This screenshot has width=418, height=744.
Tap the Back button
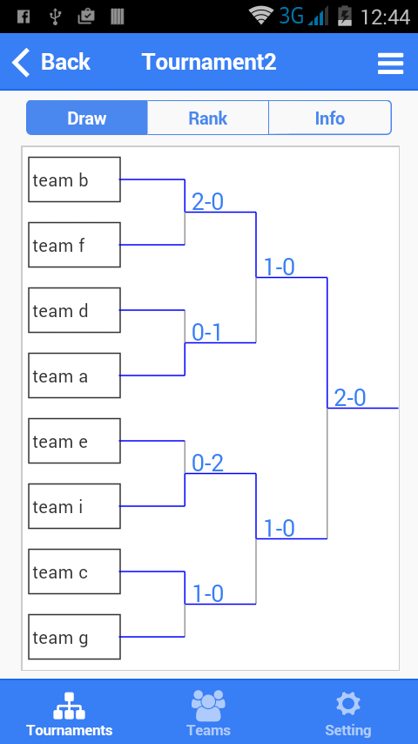pyautogui.click(x=51, y=62)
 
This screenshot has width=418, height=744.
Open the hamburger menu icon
pyautogui.click(x=390, y=63)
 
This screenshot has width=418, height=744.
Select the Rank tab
pyautogui.click(x=208, y=118)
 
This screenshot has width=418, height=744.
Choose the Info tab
pyautogui.click(x=330, y=118)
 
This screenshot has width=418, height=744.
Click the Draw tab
pyautogui.click(x=87, y=118)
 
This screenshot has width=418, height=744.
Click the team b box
pyautogui.click(x=75, y=179)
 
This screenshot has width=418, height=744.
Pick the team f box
pyautogui.click(x=75, y=245)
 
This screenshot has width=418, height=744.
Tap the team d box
pyautogui.click(x=75, y=310)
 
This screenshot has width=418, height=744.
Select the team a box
pyautogui.click(x=75, y=375)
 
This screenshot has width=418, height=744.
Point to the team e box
pyautogui.click(x=75, y=441)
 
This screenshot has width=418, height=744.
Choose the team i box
pyautogui.click(x=75, y=506)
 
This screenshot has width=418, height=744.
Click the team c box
pyautogui.click(x=75, y=572)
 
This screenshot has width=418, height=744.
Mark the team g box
pyautogui.click(x=75, y=637)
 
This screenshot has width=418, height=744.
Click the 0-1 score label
pyautogui.click(x=207, y=333)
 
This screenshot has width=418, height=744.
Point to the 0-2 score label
pyautogui.click(x=207, y=463)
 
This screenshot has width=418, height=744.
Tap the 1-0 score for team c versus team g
pyautogui.click(x=208, y=593)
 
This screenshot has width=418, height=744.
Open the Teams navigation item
pyautogui.click(x=208, y=713)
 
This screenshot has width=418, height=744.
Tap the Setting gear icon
pyautogui.click(x=347, y=704)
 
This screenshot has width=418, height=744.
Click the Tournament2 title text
pyautogui.click(x=209, y=62)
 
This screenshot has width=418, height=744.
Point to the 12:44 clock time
pyautogui.click(x=385, y=17)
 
